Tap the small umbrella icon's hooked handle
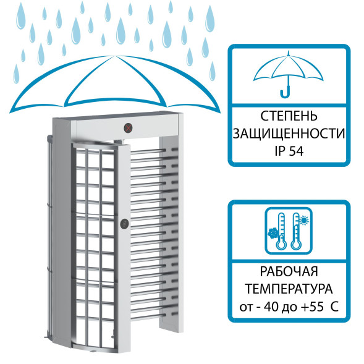[x=285, y=93]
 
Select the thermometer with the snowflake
[x=281, y=231]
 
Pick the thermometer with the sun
[x=297, y=232]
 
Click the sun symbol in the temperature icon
[x=305, y=219]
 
